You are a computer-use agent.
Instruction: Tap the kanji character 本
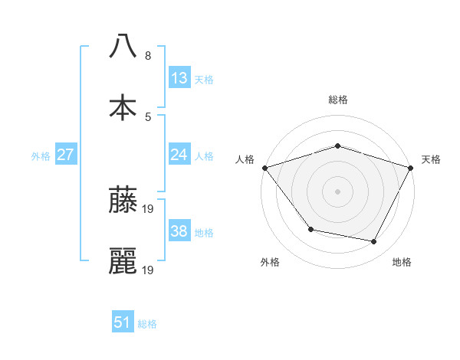(x=123, y=106)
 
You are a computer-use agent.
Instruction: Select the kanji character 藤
(x=123, y=201)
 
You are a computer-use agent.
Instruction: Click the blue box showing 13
(x=179, y=78)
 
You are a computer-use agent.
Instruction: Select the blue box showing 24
(x=179, y=155)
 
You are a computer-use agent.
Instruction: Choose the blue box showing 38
(x=179, y=231)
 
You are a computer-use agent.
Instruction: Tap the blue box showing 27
(x=66, y=155)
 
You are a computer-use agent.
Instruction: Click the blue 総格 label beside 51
(x=147, y=324)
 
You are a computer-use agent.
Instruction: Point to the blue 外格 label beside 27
(x=41, y=156)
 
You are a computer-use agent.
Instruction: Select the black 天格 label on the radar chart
(x=431, y=159)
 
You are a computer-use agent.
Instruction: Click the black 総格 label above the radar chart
(x=337, y=100)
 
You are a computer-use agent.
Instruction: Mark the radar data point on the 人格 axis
(x=264, y=168)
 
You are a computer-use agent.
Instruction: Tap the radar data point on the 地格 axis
(x=374, y=242)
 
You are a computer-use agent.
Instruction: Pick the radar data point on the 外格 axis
(x=310, y=229)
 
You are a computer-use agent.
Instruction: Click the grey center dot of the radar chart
(x=337, y=191)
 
